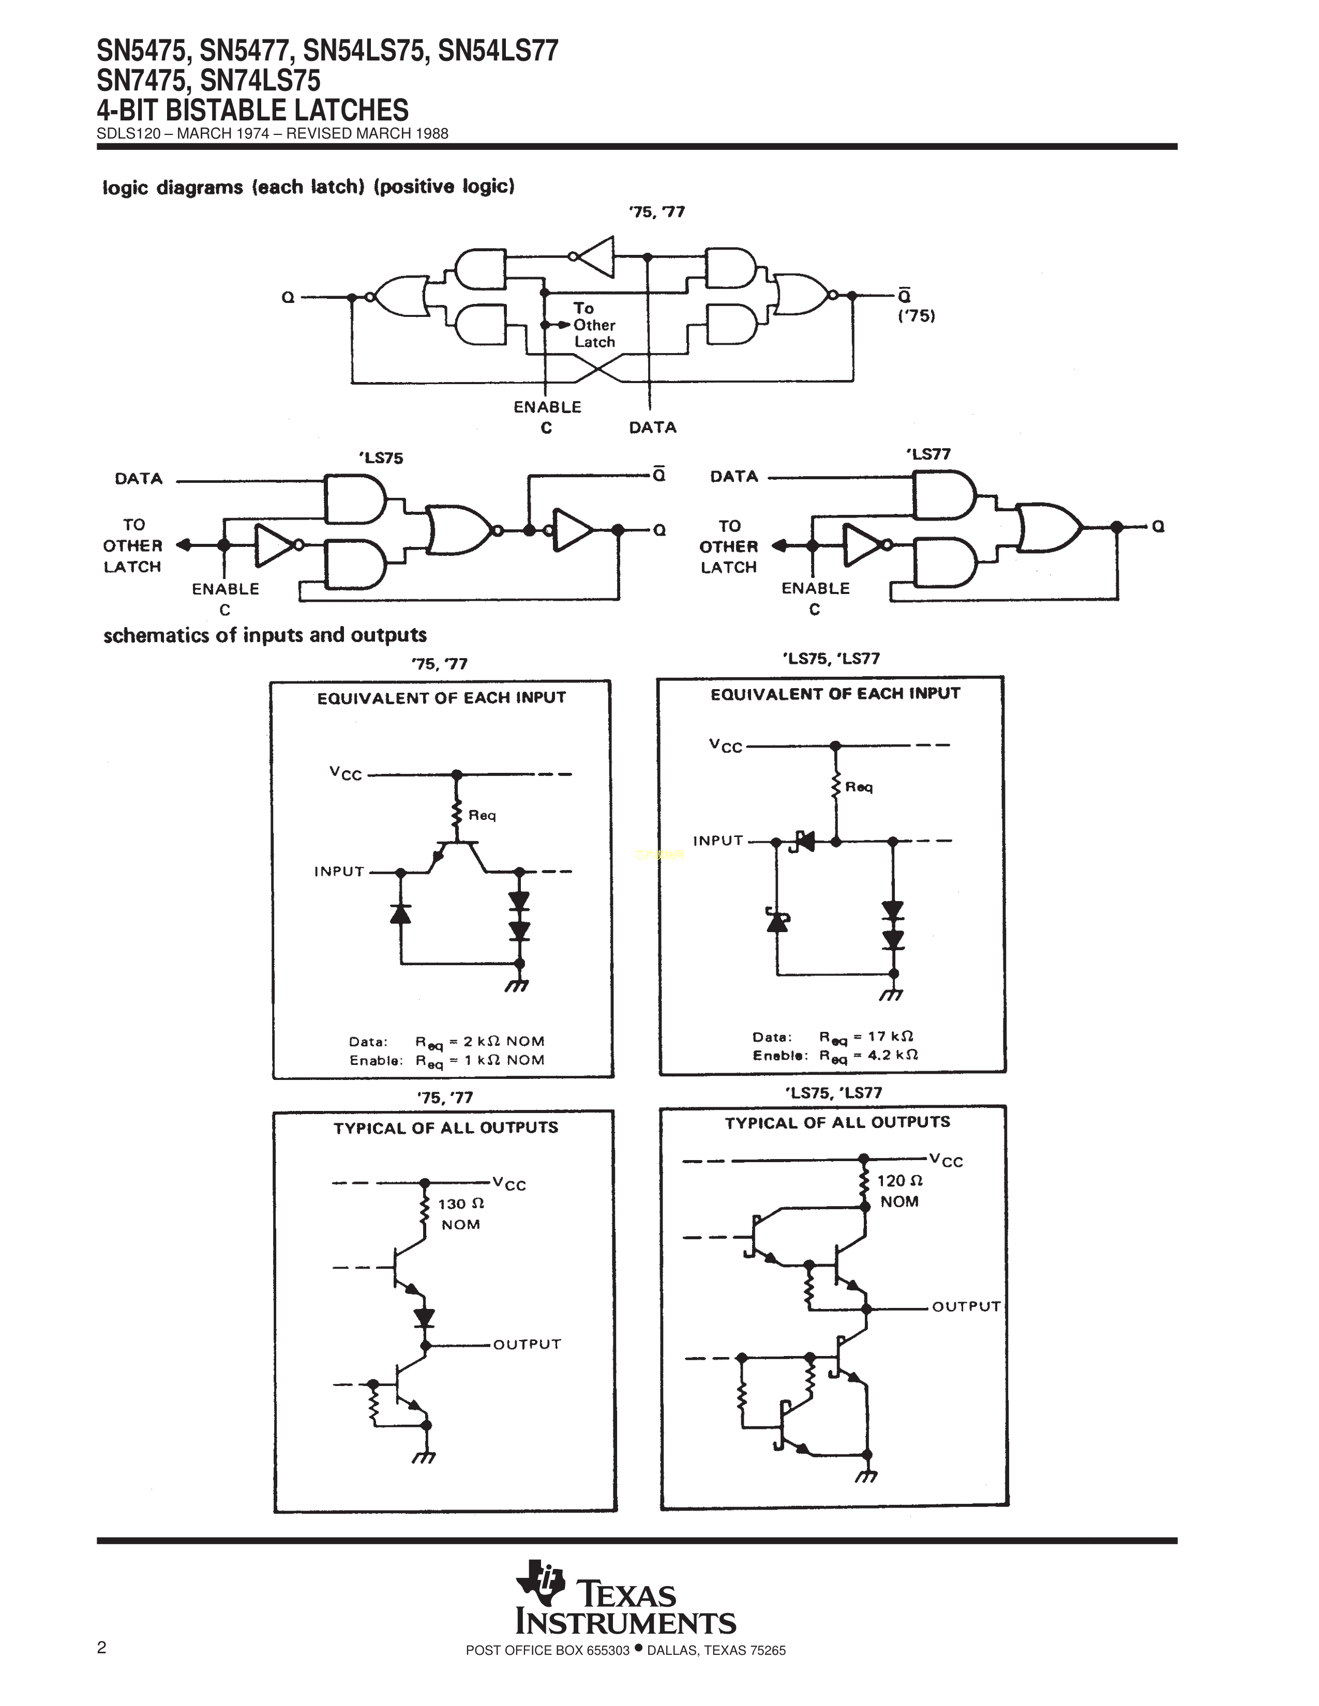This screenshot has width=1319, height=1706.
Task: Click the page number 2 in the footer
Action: pyautogui.click(x=101, y=1648)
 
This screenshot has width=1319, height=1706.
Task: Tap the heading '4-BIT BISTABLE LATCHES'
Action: pyautogui.click(x=252, y=110)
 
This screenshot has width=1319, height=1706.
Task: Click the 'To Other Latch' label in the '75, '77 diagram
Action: pyautogui.click(x=594, y=325)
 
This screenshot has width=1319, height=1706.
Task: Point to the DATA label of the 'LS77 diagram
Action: pyautogui.click(x=734, y=477)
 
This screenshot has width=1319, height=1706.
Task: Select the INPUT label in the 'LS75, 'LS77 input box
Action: pyautogui.click(x=717, y=841)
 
